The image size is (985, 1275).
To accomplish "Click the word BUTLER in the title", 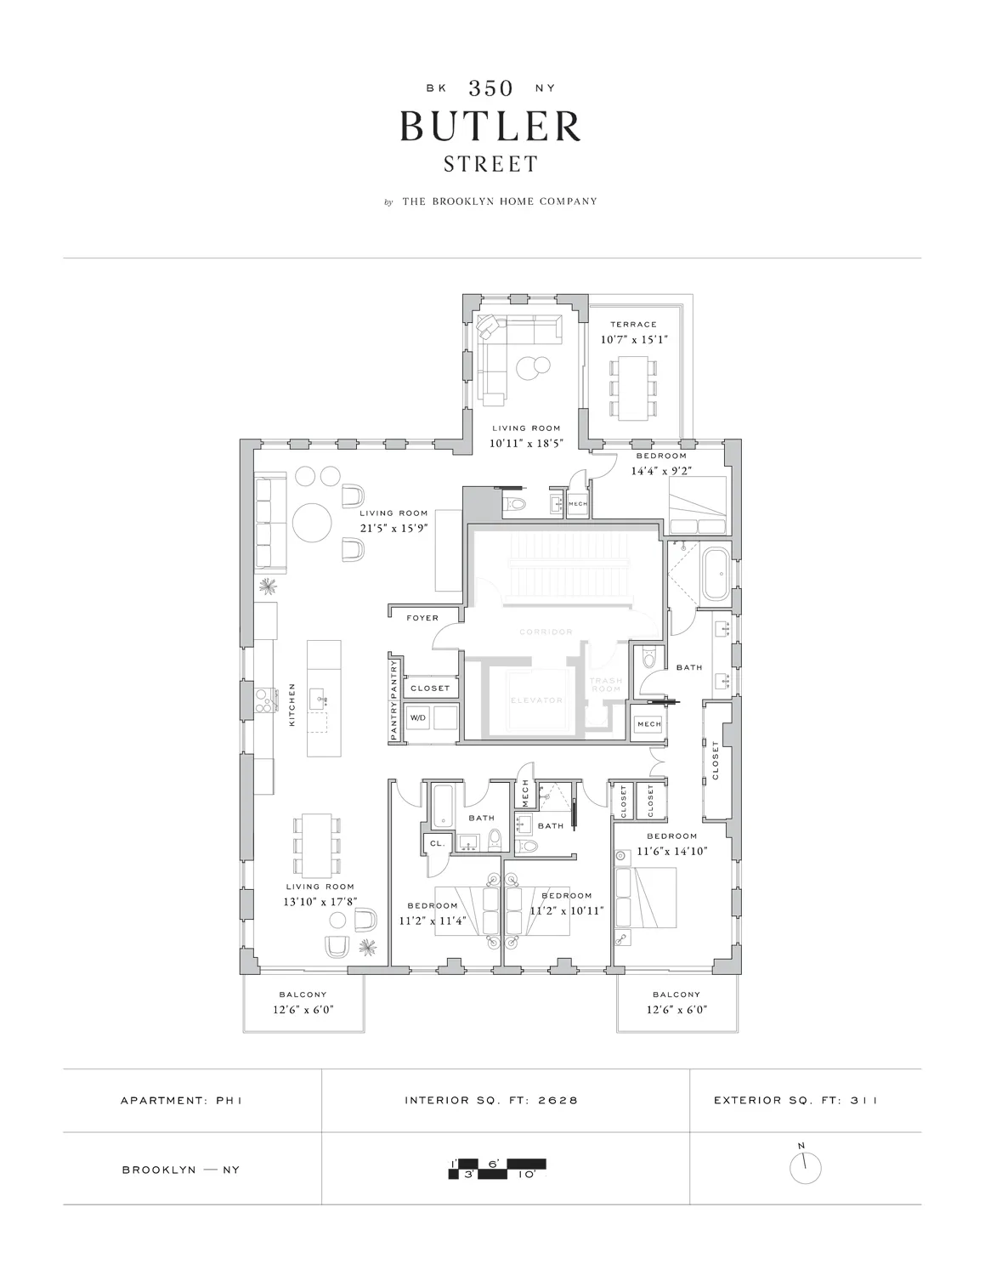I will tap(491, 126).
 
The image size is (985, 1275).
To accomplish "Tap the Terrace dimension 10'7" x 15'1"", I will tap(633, 340).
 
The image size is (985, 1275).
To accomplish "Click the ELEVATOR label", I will tap(537, 700).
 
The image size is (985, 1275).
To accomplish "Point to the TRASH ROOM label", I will tap(606, 685).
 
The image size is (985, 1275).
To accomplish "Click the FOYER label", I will tap(422, 618).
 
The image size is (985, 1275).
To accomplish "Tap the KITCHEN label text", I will tap(292, 704).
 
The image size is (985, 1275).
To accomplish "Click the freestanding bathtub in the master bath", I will tap(712, 575).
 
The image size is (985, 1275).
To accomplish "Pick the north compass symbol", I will tap(805, 1168).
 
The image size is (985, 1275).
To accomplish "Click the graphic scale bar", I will tap(497, 1169).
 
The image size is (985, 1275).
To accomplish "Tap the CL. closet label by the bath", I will tap(437, 843).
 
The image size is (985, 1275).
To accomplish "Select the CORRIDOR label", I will tap(546, 632).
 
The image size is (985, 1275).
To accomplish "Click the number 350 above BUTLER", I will tap(490, 88).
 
